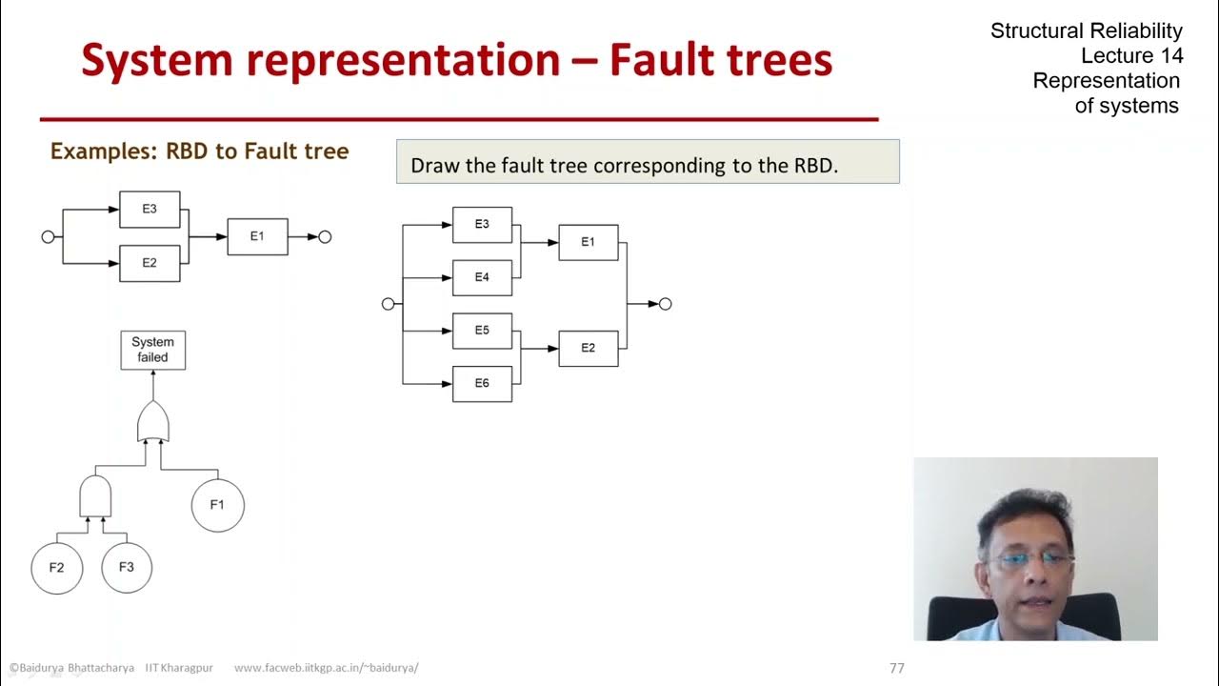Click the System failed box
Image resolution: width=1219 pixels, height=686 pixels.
coord(152,350)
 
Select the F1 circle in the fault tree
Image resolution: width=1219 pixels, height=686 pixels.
coord(217,505)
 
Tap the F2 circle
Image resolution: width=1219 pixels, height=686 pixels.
coord(56,567)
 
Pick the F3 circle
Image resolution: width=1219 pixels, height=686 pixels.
coord(127,567)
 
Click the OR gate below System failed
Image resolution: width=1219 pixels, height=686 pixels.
coord(152,422)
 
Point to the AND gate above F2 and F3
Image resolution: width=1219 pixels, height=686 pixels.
coord(94,496)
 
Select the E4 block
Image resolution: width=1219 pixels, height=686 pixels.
coord(482,277)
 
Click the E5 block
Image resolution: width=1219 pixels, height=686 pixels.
coord(482,331)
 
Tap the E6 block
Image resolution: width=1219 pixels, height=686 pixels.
coord(482,383)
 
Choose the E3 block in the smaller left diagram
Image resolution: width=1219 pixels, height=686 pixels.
coord(150,210)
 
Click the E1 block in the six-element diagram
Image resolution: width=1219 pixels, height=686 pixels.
coord(588,242)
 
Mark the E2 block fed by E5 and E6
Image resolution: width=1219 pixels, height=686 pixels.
coord(588,348)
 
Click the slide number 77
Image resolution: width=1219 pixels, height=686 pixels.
coord(896,668)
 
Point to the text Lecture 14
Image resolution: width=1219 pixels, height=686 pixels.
coord(1131,55)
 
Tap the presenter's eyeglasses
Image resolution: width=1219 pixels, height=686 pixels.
coord(1030,559)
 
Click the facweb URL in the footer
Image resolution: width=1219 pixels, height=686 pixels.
coord(326,668)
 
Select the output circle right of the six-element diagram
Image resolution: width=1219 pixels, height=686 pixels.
coord(666,304)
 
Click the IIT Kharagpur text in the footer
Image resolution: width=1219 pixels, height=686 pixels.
coord(180,668)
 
